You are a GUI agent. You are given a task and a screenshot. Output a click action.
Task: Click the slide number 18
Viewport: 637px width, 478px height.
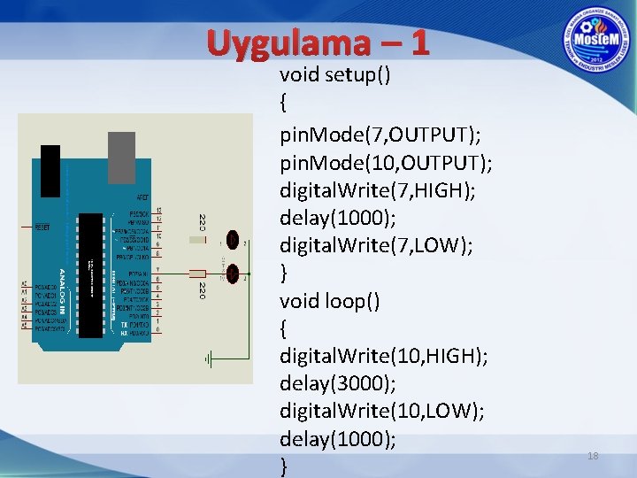593,456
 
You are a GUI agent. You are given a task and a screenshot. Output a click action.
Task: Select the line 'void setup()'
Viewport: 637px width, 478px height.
335,74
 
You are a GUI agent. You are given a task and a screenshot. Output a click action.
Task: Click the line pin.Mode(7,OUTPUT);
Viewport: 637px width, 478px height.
380,135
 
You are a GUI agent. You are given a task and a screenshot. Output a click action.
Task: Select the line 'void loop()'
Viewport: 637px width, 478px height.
330,301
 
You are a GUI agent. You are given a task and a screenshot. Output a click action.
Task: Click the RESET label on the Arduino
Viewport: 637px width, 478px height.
42,227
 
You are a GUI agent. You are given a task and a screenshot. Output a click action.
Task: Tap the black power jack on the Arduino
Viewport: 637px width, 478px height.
50,170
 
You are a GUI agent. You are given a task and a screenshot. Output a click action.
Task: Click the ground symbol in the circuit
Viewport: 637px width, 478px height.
208,359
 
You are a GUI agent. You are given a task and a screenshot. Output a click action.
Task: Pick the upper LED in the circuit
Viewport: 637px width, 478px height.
233,240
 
